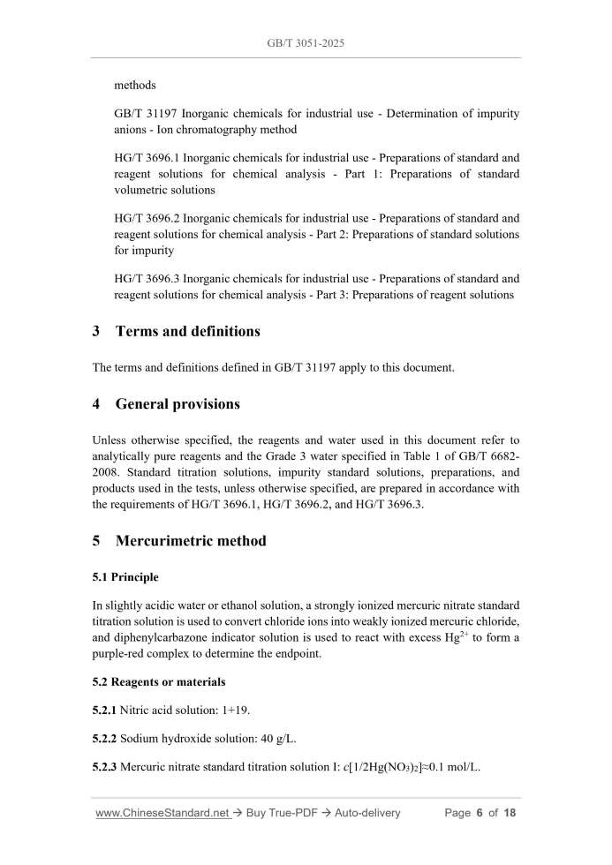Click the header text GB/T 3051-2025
[306, 42]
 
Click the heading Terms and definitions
[187, 332]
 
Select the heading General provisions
[178, 404]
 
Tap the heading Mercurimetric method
[190, 541]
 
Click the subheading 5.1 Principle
[125, 577]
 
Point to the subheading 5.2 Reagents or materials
[159, 682]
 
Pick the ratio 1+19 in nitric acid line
[227, 711]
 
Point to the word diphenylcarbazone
[165, 638]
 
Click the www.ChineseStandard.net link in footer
[162, 813]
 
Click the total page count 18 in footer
[509, 813]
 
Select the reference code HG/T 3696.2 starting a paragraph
[147, 218]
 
